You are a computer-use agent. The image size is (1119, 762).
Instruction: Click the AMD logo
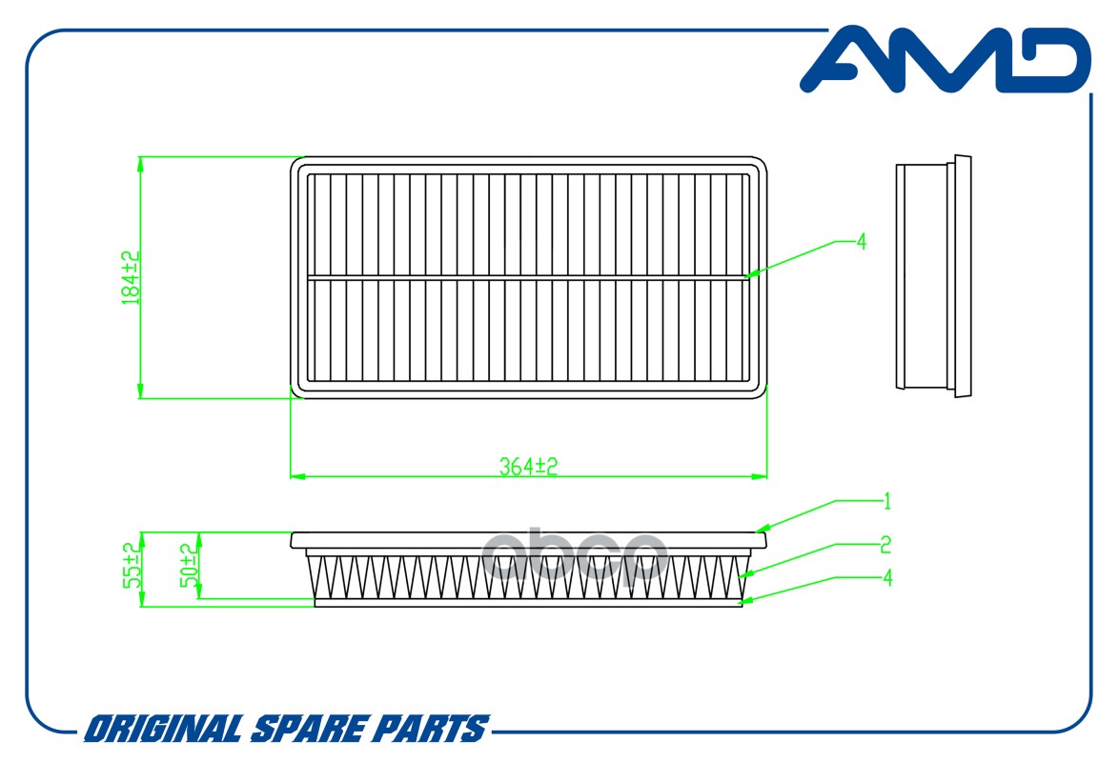[x=945, y=60]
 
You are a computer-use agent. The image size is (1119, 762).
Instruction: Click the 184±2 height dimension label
[x=131, y=277]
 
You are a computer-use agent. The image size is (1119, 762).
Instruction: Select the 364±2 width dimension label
[x=528, y=466]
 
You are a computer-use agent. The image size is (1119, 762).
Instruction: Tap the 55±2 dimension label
[x=131, y=565]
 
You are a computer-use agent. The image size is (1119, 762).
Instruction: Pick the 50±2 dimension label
[x=188, y=565]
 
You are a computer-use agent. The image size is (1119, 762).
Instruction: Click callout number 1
[x=887, y=502]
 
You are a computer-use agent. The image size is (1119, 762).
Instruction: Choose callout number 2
[x=885, y=545]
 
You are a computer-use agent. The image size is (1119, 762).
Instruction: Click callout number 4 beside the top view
[x=862, y=242]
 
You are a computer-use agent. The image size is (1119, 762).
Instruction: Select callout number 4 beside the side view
[x=887, y=577]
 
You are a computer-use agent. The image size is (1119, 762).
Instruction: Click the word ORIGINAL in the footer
[x=163, y=730]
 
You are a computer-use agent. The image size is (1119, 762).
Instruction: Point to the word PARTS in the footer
[x=431, y=730]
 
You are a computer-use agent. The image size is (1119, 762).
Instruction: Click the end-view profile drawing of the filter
[x=933, y=276]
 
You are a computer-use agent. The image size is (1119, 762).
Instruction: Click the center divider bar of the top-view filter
[x=528, y=277]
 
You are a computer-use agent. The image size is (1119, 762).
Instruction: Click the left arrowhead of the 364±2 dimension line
[x=297, y=476]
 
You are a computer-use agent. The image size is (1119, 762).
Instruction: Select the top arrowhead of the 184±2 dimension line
[x=140, y=164]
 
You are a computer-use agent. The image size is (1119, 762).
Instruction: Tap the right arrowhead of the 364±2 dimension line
[x=759, y=476]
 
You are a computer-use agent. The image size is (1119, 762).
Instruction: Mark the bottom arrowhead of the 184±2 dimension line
[x=140, y=391]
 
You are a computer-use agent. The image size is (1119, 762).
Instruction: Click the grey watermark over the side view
[x=575, y=557]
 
